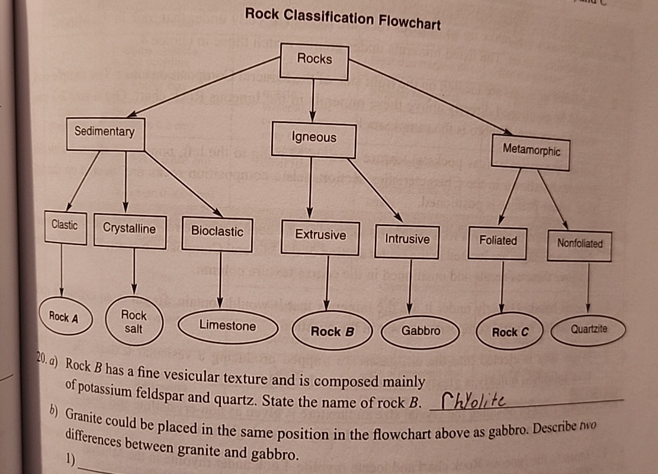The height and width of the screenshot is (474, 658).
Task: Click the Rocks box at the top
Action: [314, 60]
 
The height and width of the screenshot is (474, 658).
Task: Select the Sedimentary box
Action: [105, 133]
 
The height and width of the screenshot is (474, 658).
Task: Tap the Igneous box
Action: [314, 138]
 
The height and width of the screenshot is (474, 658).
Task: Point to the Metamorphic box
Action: [531, 151]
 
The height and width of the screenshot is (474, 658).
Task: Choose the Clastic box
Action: [65, 226]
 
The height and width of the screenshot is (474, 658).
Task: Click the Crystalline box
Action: [130, 229]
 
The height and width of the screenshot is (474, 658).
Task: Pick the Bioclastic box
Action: [217, 232]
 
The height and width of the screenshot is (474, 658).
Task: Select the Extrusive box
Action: [320, 236]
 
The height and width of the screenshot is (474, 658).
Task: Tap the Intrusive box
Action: [407, 240]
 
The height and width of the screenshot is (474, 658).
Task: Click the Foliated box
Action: [497, 241]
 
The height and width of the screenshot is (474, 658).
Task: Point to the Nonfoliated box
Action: [580, 243]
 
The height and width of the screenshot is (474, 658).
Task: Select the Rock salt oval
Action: [133, 322]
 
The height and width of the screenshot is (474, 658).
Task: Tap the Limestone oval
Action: [228, 326]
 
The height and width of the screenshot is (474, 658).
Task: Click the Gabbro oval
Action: [421, 331]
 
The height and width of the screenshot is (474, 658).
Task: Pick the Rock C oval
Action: [509, 333]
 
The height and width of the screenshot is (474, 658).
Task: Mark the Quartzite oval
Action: [589, 329]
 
